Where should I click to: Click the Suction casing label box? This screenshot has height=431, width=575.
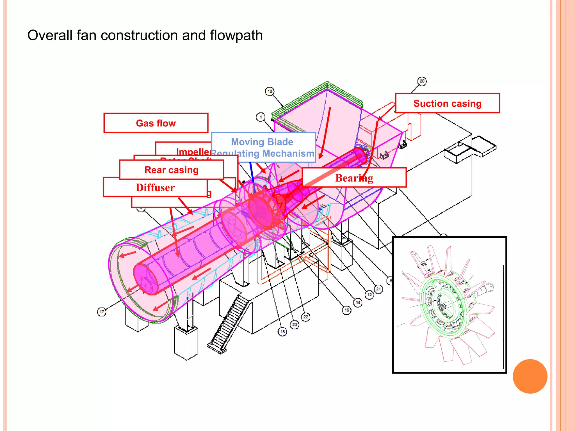point(447,103)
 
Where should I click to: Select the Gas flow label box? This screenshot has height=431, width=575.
point(156,123)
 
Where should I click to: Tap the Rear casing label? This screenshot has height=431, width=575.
point(171,170)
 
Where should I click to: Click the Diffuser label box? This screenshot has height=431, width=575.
point(155,187)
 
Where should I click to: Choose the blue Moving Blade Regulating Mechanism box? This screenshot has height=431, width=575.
point(263,147)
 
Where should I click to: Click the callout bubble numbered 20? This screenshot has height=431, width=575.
point(422,81)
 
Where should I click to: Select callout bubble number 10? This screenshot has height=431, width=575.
point(270,91)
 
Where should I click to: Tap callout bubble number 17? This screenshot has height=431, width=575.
point(102,311)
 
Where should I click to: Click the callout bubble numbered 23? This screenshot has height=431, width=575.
point(295,325)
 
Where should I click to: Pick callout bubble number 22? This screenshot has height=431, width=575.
point(306,317)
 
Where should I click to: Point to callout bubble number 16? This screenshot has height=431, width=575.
point(347,310)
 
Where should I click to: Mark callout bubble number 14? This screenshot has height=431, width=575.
point(358,302)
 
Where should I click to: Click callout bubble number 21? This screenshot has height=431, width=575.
point(378,289)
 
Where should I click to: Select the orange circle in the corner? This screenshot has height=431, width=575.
point(530,376)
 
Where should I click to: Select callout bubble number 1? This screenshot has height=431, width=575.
point(261,117)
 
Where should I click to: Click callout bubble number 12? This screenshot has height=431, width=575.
point(369,295)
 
